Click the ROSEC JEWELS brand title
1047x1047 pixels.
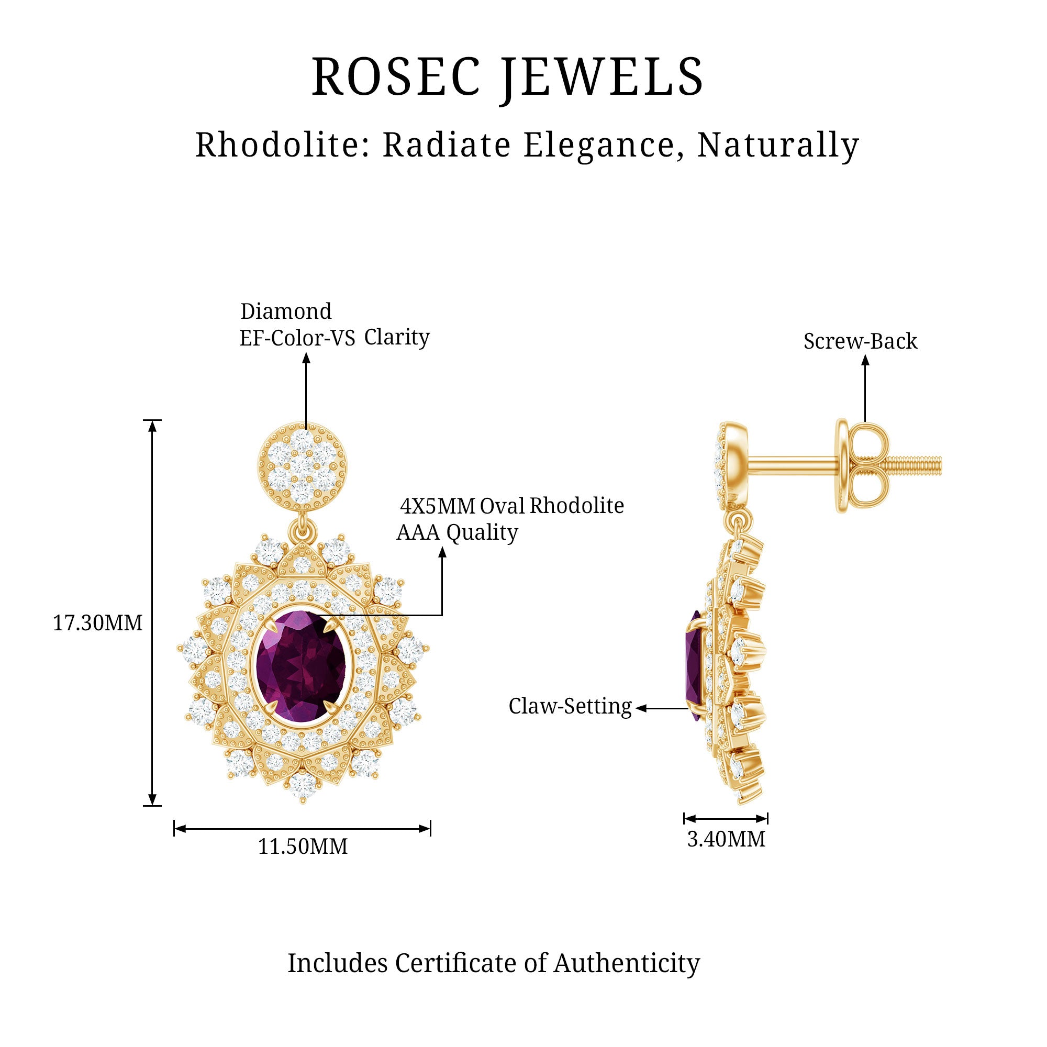point(507,77)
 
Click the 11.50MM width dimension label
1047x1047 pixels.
point(303,846)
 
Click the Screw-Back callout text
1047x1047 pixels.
point(861,341)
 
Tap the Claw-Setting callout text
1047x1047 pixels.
point(570,707)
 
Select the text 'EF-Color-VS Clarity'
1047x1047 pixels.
point(335,337)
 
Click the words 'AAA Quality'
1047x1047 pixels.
point(457,532)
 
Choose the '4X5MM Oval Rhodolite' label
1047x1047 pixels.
point(512,506)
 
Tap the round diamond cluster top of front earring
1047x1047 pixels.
point(302,467)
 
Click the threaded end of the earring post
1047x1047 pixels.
point(915,465)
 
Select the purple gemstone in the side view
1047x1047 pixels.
point(695,665)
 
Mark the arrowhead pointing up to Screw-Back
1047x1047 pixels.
point(865,360)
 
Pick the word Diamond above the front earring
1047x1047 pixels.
point(286,311)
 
